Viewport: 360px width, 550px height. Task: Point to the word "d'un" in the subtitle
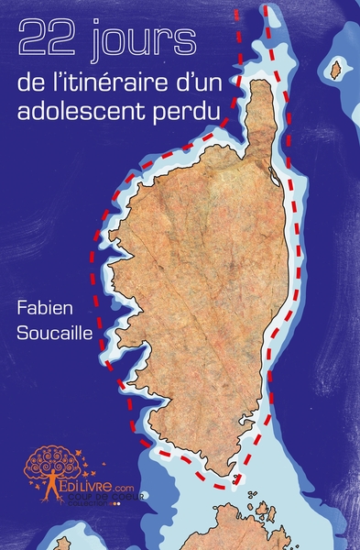pos(192,84)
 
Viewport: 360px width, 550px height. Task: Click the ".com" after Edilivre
pos(125,489)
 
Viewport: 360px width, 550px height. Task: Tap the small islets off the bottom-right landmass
pos(265,509)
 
